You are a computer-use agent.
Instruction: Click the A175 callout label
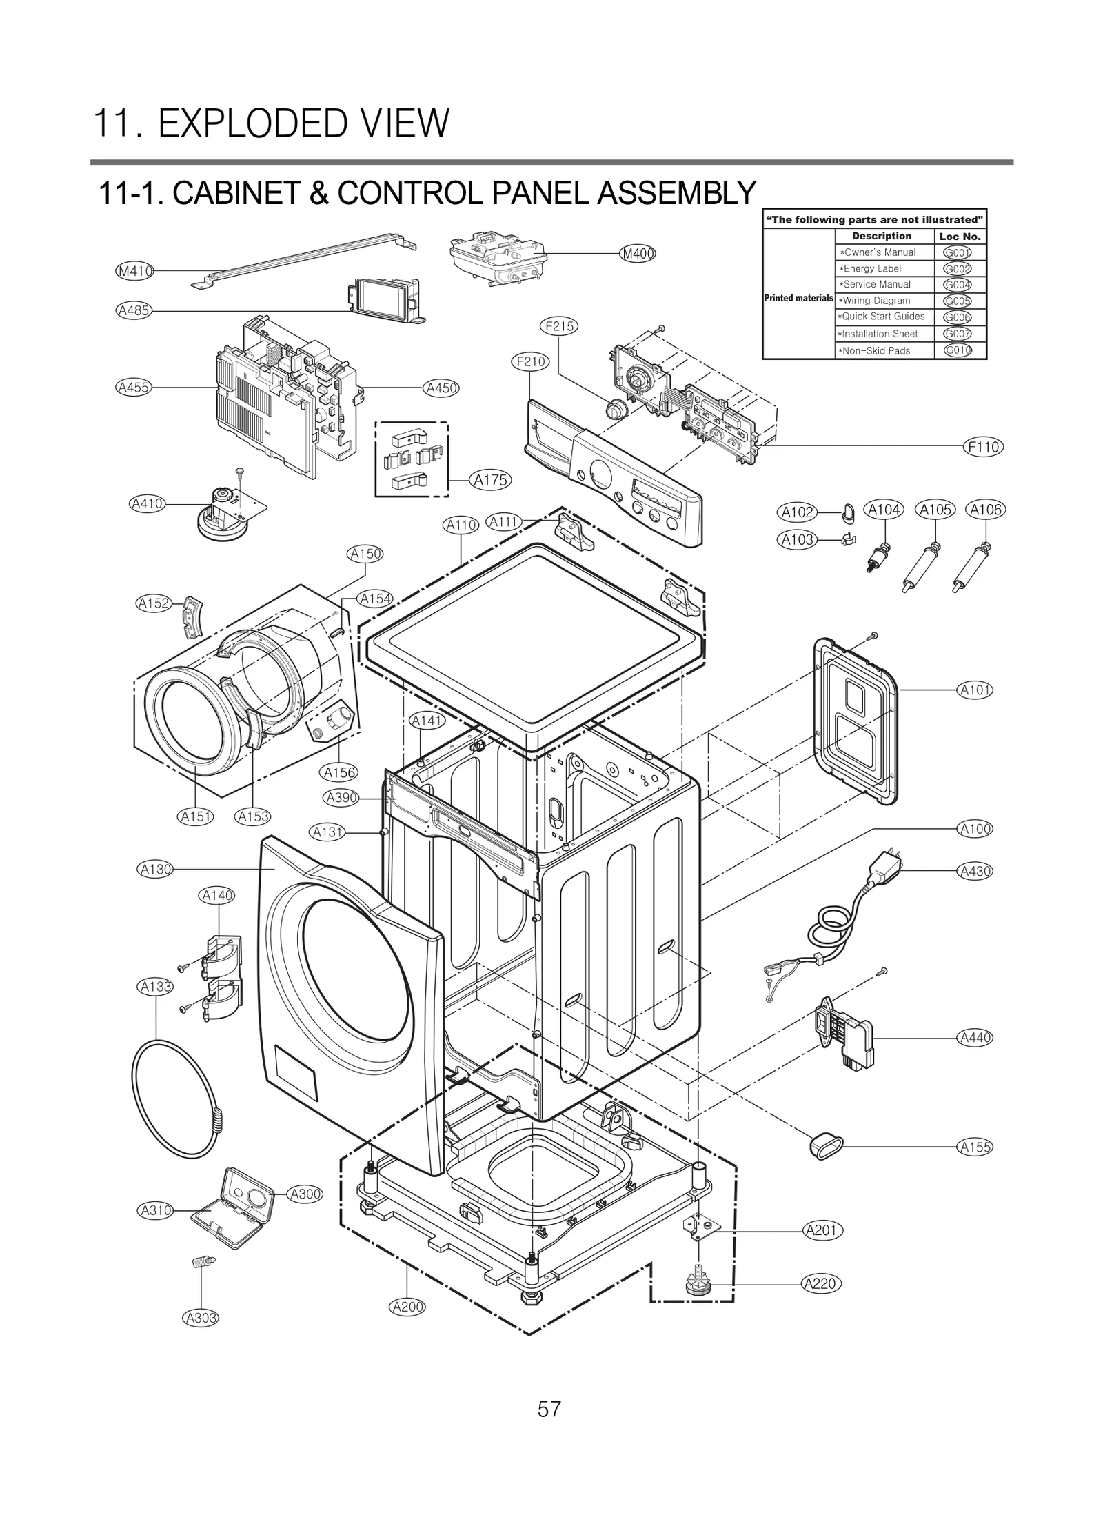(491, 480)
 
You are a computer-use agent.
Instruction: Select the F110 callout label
(982, 447)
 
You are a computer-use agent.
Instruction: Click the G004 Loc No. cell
(957, 285)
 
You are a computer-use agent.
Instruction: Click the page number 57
(549, 1409)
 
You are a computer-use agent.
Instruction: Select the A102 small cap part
(847, 512)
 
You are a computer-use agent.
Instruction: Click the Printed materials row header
(798, 299)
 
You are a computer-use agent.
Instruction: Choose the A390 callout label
(341, 798)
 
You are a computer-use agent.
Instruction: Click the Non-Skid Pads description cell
(876, 350)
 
